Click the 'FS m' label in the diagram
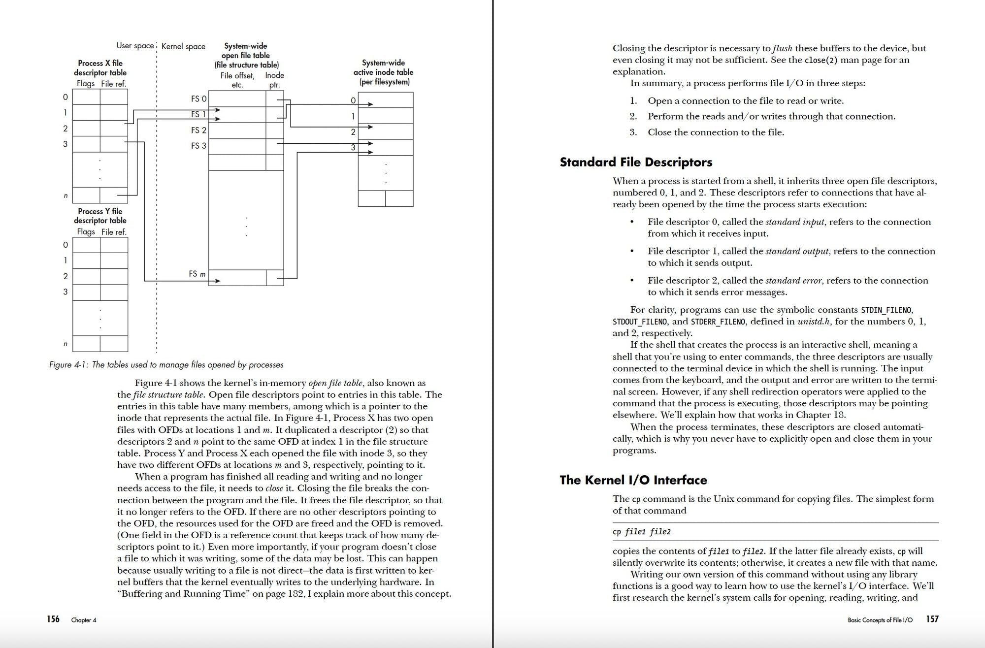(x=197, y=274)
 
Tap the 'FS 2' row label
(x=198, y=130)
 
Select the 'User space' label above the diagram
(x=135, y=46)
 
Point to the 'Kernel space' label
(x=183, y=46)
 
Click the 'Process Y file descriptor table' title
(x=100, y=216)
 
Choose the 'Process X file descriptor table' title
(x=100, y=68)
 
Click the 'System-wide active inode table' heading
(x=383, y=72)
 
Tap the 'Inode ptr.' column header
(x=274, y=80)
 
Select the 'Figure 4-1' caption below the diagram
(x=166, y=365)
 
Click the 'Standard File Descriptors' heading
(x=636, y=162)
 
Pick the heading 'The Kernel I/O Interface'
(x=633, y=480)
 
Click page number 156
(x=53, y=619)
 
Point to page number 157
(x=932, y=619)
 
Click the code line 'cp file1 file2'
(x=641, y=532)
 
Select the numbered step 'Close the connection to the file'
(x=716, y=132)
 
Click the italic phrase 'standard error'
(x=793, y=280)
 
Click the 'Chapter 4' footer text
(x=84, y=620)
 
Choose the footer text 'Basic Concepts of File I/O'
(x=880, y=620)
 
